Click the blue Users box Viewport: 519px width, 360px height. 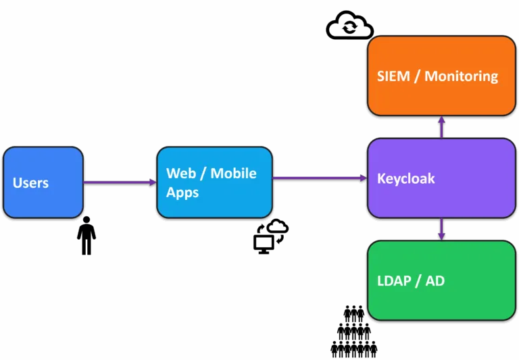(x=43, y=182)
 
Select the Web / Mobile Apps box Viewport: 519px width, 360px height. (x=214, y=182)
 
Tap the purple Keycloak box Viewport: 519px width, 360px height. (x=441, y=178)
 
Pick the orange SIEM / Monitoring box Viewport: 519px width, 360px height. (x=441, y=76)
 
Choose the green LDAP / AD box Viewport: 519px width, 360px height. (x=441, y=280)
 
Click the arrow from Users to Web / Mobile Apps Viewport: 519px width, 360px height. (x=120, y=182)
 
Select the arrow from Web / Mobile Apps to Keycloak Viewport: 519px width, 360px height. (x=320, y=178)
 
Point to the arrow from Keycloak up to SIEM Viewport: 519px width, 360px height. (x=441, y=127)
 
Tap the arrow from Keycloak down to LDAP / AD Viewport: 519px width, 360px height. (x=441, y=229)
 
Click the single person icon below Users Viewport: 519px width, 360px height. (x=86, y=236)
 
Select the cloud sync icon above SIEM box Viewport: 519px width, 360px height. (x=349, y=26)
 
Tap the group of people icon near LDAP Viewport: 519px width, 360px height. (x=354, y=331)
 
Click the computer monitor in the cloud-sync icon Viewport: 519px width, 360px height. (x=264, y=245)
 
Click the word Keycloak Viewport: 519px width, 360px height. (x=405, y=179)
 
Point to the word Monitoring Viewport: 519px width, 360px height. (x=461, y=76)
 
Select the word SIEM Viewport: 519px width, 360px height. (x=393, y=76)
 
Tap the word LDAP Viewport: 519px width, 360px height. (x=394, y=281)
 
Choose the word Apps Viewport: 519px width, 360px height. (x=182, y=192)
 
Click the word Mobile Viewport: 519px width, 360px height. (x=233, y=174)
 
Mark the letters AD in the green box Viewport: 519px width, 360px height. (x=435, y=281)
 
